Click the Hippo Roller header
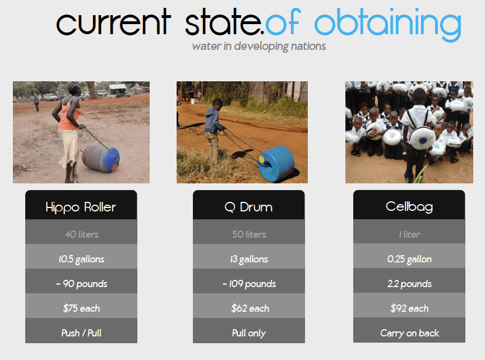click(x=81, y=205)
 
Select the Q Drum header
click(x=249, y=205)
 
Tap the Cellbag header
click(x=409, y=205)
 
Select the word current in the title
click(x=113, y=22)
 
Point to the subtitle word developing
click(x=261, y=47)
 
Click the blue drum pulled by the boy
click(x=276, y=164)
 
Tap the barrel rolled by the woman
click(x=101, y=158)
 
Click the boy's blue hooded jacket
click(x=213, y=121)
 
